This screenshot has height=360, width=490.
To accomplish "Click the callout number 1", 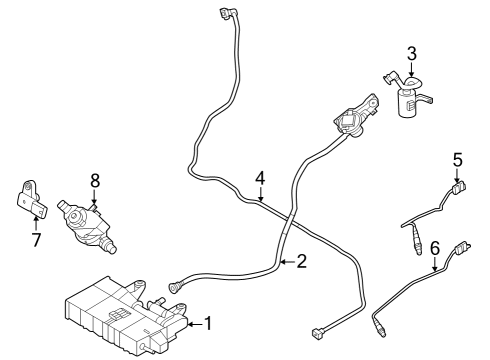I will click(x=208, y=323).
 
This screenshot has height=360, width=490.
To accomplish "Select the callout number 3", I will click(x=410, y=53).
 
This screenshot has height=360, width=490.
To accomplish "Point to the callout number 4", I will click(x=260, y=178).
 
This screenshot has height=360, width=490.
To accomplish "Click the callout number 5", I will click(x=457, y=158).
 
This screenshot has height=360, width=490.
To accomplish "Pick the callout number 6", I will click(x=435, y=247).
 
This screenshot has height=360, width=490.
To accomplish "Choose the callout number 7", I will click(x=37, y=240).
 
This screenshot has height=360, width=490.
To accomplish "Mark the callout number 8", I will click(x=94, y=180).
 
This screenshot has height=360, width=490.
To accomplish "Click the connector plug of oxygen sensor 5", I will click(x=460, y=186).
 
